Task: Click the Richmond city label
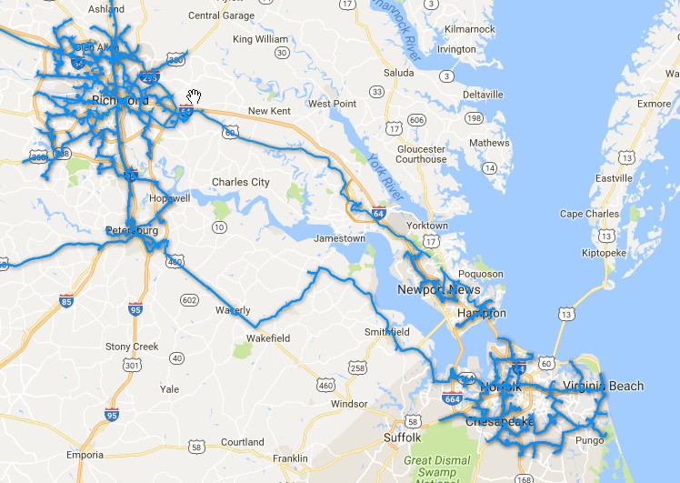point(120,99)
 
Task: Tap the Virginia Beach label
point(603,386)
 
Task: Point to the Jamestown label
point(339,238)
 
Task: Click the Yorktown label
point(426,226)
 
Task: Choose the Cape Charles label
point(590,214)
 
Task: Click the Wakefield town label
point(268,338)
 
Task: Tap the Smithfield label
point(387,332)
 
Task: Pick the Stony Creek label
point(132,347)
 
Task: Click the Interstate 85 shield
point(66,301)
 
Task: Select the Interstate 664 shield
point(452,397)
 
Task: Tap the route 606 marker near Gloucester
point(416,120)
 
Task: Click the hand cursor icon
point(195,97)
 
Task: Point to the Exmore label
point(654,104)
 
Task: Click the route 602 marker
point(189,300)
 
